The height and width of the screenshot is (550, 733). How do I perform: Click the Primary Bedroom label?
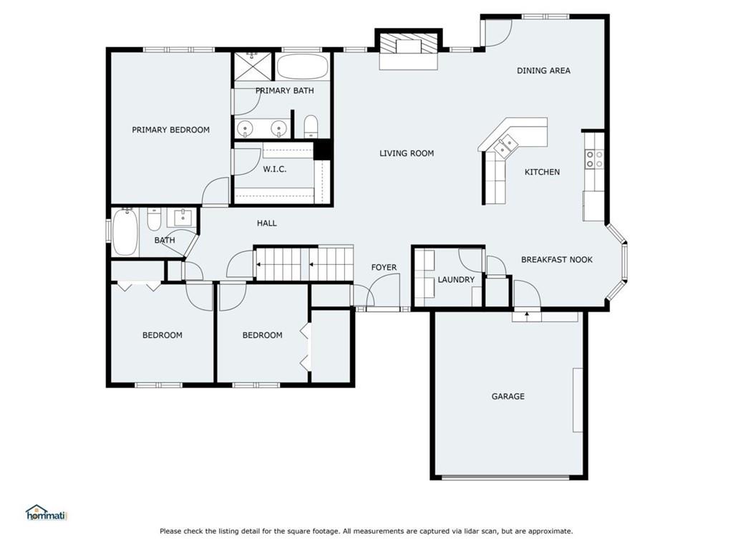[170, 130]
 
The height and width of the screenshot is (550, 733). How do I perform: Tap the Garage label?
[508, 397]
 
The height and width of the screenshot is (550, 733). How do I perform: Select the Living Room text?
[407, 153]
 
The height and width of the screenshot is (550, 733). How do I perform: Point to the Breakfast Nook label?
[557, 259]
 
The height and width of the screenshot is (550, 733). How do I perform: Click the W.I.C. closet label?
[274, 169]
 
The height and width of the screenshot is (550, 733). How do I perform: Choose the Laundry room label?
[456, 280]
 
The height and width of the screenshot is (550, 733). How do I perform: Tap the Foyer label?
[384, 268]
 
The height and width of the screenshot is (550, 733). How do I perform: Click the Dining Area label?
[543, 71]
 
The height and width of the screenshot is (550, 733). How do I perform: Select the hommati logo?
[47, 513]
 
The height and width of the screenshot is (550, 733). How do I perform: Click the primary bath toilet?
[311, 126]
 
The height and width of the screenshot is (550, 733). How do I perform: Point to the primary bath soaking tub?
[302, 67]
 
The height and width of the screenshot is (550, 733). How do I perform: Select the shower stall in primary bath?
[253, 67]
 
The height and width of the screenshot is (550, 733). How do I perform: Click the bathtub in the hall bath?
[125, 232]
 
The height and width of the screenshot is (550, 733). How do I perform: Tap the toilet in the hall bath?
[155, 219]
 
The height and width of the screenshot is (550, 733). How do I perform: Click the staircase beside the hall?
[304, 264]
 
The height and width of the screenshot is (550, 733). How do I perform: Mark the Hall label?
[266, 223]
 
